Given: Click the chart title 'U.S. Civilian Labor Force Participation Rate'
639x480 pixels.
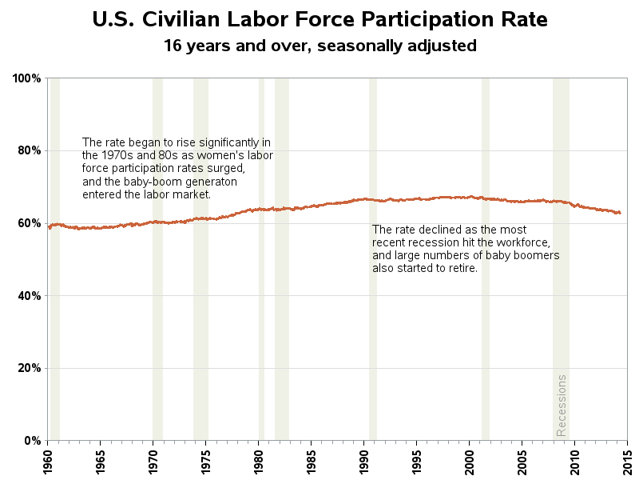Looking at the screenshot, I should pos(319,19).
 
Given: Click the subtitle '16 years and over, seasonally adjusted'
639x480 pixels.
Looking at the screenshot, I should pos(319,46).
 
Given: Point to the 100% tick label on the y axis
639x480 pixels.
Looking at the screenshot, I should pos(26,78).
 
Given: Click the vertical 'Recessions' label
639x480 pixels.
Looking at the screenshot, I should pos(562,405).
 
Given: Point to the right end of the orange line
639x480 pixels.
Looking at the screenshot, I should pos(620,213).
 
